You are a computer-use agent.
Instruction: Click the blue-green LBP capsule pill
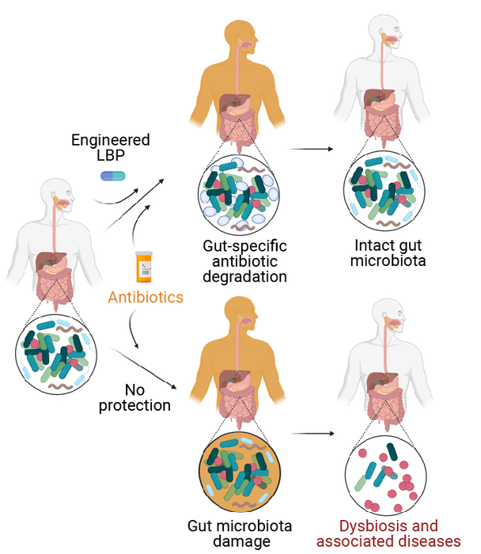coord(113,174)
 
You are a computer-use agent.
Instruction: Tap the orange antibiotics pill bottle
coord(143,268)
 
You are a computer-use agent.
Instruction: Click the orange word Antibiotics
coord(146,298)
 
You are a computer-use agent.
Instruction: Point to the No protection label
coord(148,397)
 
